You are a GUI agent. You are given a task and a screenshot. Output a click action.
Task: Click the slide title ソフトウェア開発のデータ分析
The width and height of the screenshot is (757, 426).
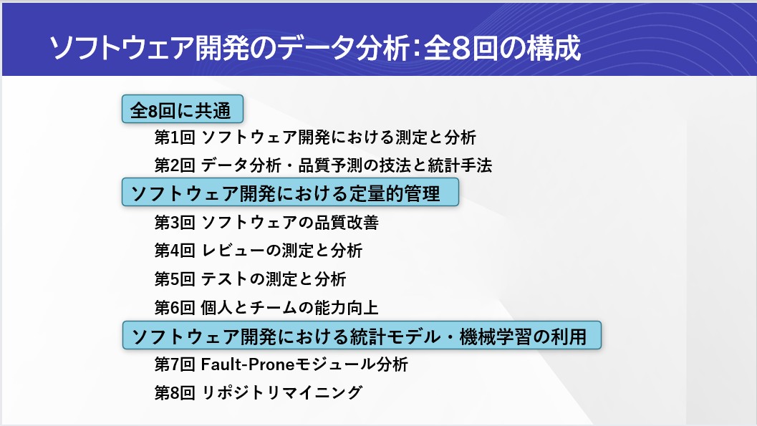pyautogui.click(x=230, y=48)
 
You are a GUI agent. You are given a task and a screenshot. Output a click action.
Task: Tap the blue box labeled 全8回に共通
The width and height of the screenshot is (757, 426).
pyautogui.click(x=183, y=109)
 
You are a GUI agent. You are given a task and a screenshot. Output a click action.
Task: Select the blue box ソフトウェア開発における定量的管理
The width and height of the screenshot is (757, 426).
pyautogui.click(x=290, y=192)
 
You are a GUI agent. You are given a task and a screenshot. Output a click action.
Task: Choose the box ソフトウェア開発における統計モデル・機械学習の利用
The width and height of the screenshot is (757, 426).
pyautogui.click(x=362, y=335)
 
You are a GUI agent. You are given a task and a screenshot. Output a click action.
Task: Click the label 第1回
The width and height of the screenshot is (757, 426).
pyautogui.click(x=175, y=137)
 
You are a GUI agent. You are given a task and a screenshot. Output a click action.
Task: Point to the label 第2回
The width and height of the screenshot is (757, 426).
pyautogui.click(x=175, y=165)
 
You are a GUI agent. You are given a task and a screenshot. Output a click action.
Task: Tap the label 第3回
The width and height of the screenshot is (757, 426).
pyautogui.click(x=175, y=223)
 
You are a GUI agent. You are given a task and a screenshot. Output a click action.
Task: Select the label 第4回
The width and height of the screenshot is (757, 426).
pyautogui.click(x=175, y=251)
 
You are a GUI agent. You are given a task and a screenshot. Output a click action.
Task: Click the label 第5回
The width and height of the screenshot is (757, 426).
pyautogui.click(x=175, y=279)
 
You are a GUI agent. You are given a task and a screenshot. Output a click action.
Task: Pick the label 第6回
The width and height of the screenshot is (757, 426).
pyautogui.click(x=175, y=307)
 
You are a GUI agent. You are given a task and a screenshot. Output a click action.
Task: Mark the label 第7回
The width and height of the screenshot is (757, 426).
pyautogui.click(x=175, y=364)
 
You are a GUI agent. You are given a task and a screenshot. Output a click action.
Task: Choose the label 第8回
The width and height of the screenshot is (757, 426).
pyautogui.click(x=175, y=393)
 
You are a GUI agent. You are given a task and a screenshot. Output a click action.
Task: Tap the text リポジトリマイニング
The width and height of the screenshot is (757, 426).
pyautogui.click(x=281, y=393)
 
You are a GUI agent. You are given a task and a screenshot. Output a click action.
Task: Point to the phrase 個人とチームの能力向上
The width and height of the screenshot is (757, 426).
pyautogui.click(x=289, y=307)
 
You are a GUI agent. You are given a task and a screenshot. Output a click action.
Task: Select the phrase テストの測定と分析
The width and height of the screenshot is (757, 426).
pyautogui.click(x=274, y=279)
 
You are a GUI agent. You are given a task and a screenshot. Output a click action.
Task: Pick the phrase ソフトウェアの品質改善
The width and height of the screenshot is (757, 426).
pyautogui.click(x=289, y=223)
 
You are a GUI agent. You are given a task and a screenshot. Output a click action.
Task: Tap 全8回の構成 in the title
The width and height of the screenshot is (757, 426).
pyautogui.click(x=502, y=48)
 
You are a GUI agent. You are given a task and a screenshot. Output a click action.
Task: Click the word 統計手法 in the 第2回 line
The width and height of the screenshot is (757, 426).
pyautogui.click(x=460, y=165)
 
